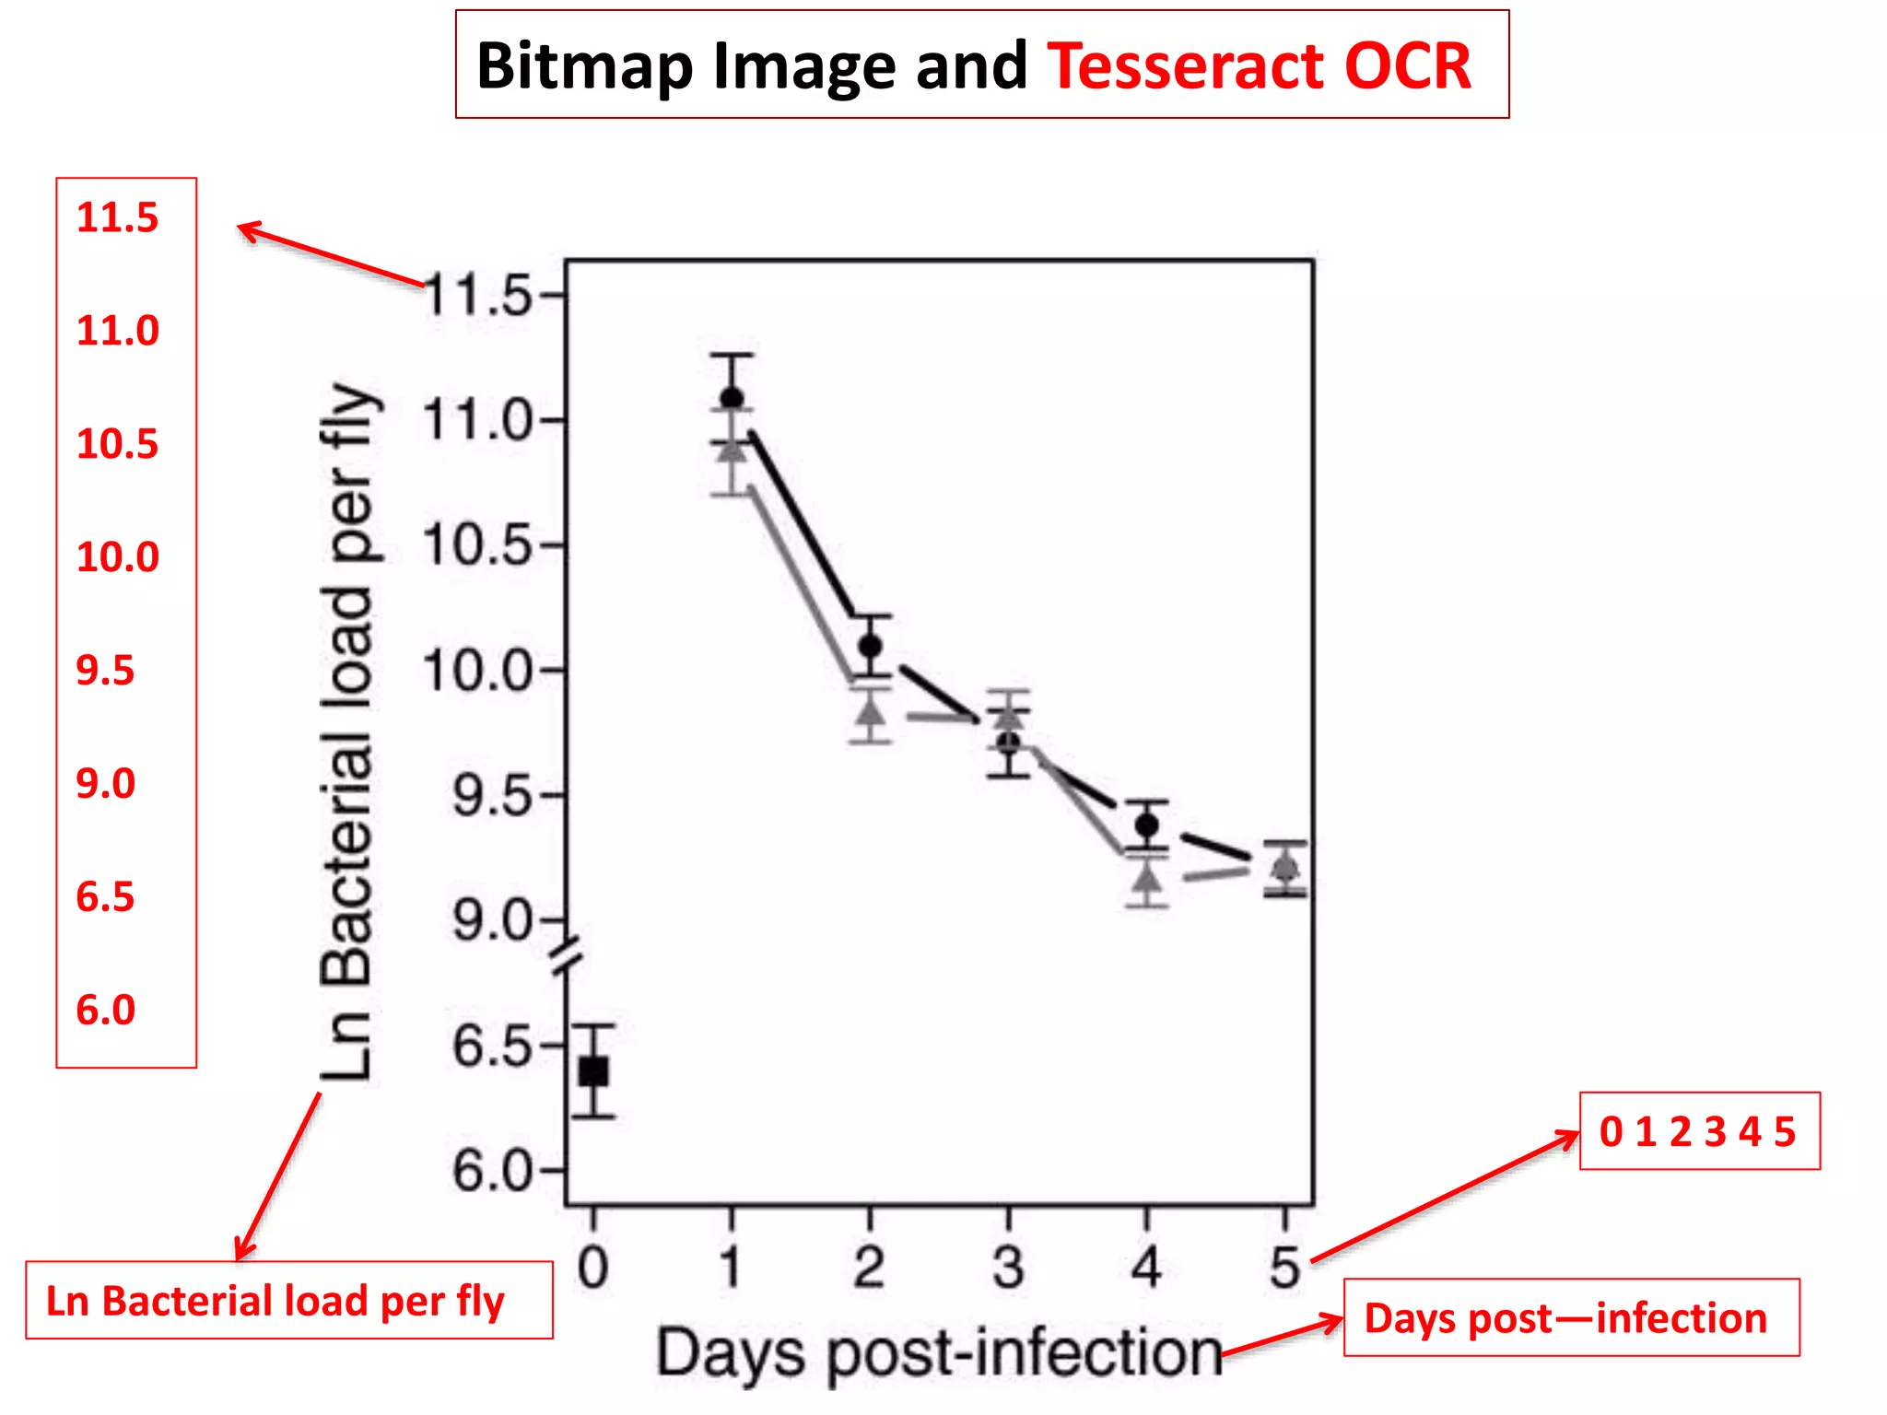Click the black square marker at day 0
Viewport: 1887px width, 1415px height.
(x=593, y=1071)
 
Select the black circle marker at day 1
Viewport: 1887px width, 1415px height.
(x=732, y=398)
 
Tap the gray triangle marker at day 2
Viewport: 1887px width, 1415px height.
(x=870, y=712)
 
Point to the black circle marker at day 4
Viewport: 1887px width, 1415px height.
(x=1146, y=824)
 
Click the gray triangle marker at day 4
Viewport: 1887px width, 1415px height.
(x=1146, y=878)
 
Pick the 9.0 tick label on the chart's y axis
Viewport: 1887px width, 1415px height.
(x=493, y=920)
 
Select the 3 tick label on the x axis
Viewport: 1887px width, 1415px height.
(x=1008, y=1268)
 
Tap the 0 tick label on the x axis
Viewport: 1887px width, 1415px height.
(x=593, y=1268)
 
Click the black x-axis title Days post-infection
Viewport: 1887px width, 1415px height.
(x=938, y=1352)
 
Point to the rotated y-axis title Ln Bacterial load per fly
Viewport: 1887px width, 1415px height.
(x=348, y=732)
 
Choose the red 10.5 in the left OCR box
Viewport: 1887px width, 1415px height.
(x=117, y=444)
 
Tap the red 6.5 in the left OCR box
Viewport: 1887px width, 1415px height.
(x=105, y=897)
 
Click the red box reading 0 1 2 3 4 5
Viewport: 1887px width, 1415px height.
(x=1699, y=1131)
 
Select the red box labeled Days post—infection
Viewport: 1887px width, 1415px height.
(x=1570, y=1317)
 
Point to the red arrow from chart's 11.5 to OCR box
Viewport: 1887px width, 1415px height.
(x=332, y=255)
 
